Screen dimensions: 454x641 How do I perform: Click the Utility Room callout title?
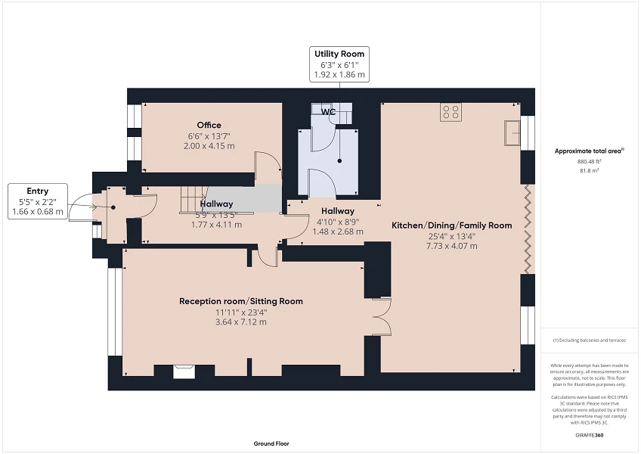point(339,54)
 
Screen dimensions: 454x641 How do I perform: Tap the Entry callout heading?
point(38,191)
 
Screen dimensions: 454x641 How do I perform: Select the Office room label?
point(209,125)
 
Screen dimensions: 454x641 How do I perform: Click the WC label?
point(328,112)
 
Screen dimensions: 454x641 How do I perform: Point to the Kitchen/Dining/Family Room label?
point(451,225)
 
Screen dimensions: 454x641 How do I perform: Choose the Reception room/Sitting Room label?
point(240,301)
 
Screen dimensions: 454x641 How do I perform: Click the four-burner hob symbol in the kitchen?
point(451,112)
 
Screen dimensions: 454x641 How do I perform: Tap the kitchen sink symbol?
point(513,132)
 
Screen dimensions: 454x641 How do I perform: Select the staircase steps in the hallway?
point(191,201)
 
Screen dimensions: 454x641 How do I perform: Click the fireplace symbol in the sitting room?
point(182,371)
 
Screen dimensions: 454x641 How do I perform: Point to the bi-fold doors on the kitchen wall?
point(528,226)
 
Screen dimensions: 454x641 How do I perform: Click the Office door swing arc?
point(268,166)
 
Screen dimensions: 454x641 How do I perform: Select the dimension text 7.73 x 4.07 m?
point(451,246)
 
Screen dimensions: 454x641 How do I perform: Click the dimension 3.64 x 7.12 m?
point(240,322)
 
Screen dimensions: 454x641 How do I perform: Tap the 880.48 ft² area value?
point(589,161)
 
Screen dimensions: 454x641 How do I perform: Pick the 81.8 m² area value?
point(589,170)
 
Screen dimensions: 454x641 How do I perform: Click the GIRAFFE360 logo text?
point(589,435)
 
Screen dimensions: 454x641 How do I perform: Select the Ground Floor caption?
point(271,444)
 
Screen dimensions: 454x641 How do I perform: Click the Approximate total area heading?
point(588,151)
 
